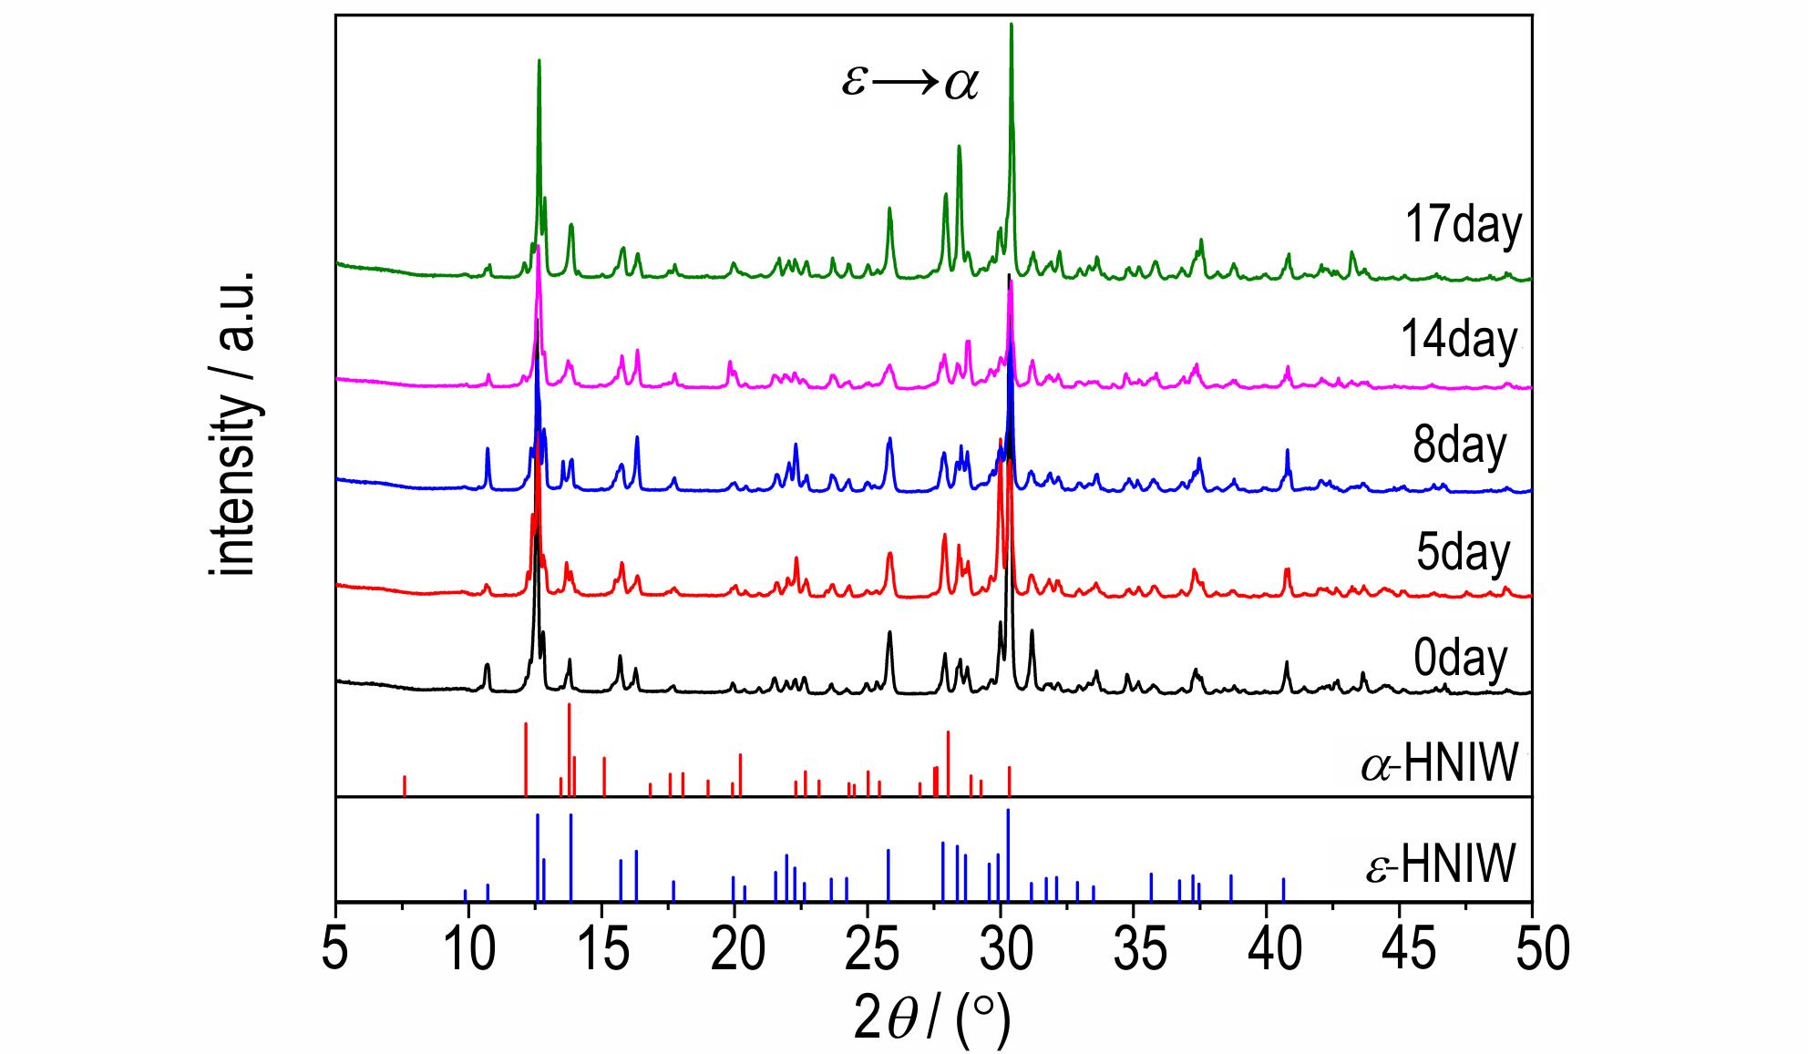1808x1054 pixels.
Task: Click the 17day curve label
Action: pyautogui.click(x=1464, y=226)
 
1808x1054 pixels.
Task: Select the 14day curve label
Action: pyautogui.click(x=1460, y=340)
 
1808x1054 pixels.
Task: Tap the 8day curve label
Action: pyautogui.click(x=1460, y=445)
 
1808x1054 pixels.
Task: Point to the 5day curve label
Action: pyautogui.click(x=1463, y=551)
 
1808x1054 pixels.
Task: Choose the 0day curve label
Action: pyautogui.click(x=1461, y=658)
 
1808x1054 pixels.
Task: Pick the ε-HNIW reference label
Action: pyautogui.click(x=1441, y=864)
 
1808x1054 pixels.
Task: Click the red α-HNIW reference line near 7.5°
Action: pyautogui.click(x=404, y=785)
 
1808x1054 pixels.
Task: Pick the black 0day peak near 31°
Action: pyautogui.click(x=1032, y=631)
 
